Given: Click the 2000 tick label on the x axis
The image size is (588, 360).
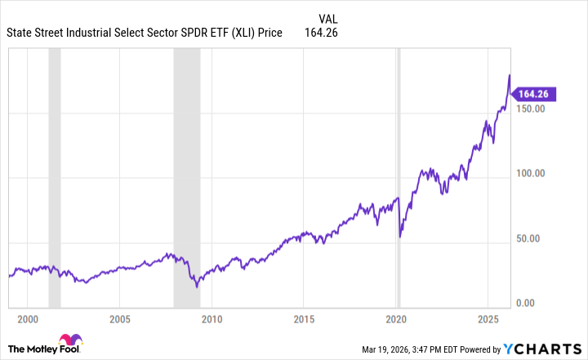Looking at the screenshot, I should pos(28,318).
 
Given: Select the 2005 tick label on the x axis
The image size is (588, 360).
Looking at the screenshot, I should pos(120,318).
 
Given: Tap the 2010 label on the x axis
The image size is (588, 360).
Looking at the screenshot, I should pos(212,318).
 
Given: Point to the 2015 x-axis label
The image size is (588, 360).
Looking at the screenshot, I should pos(304,318).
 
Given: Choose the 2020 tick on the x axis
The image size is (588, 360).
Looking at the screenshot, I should pos(396,318).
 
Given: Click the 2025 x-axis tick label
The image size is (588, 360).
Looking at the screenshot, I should pos(488,318).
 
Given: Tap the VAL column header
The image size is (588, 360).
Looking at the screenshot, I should pos(326,18).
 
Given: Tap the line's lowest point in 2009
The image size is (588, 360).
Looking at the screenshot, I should pos(197,287).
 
